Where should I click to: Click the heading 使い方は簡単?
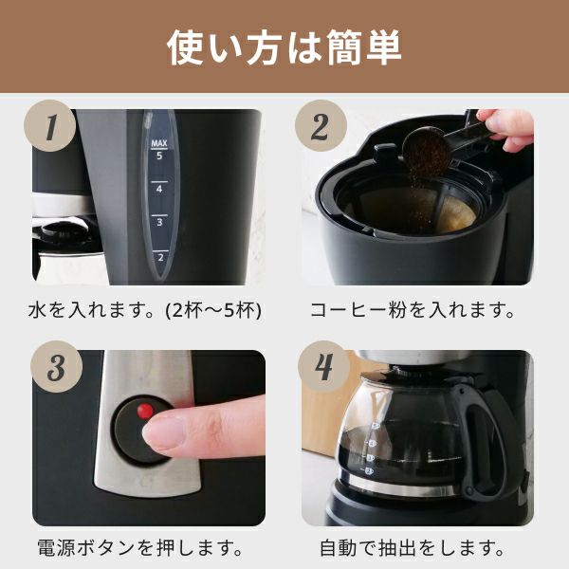click(x=284, y=47)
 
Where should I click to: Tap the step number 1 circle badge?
click(x=50, y=125)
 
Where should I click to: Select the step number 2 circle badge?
click(x=321, y=125)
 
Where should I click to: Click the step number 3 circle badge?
click(x=57, y=366)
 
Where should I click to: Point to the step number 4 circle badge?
click(x=323, y=366)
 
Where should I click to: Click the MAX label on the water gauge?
click(x=159, y=143)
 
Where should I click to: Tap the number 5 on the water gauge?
click(x=159, y=156)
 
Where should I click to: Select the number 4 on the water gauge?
click(x=159, y=189)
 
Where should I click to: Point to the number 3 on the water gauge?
click(x=159, y=222)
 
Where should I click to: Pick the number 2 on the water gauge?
click(x=160, y=258)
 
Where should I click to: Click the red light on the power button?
click(x=145, y=411)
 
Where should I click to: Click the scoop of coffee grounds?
click(x=428, y=149)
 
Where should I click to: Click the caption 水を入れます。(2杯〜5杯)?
click(x=144, y=311)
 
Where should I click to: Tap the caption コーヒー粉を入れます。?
click(x=413, y=310)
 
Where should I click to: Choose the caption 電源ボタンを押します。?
click(x=140, y=548)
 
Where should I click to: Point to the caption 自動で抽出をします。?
click(x=413, y=548)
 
